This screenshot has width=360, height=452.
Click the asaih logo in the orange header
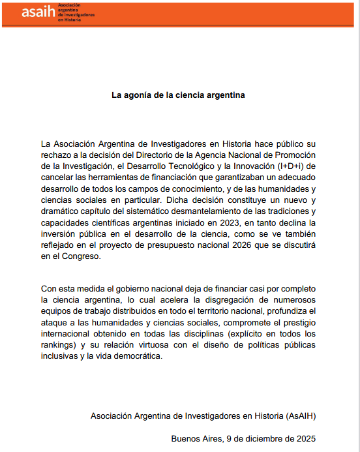(39, 12)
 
